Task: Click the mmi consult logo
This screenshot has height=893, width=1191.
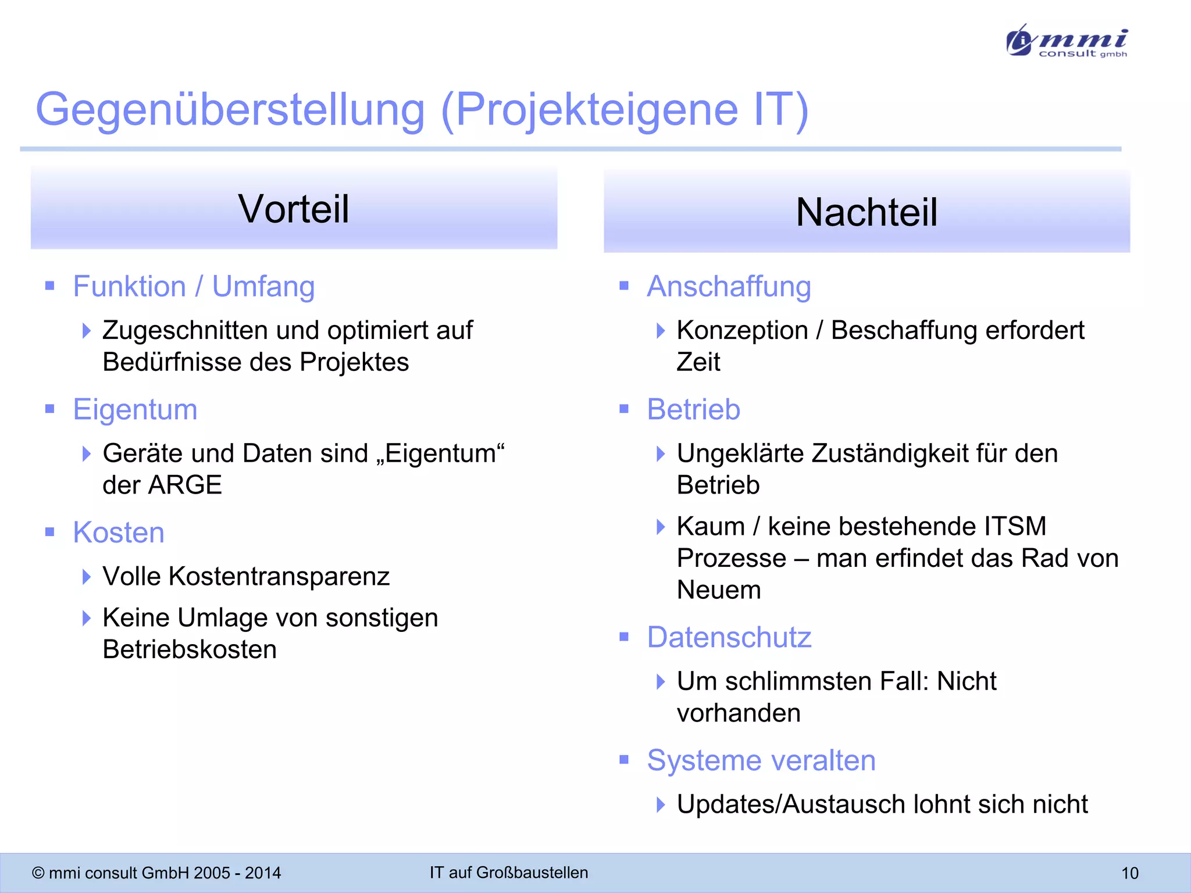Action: (x=1067, y=41)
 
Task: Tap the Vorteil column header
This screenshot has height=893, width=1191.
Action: (x=294, y=209)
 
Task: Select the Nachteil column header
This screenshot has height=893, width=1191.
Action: (x=866, y=212)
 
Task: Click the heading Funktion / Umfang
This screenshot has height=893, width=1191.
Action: (x=194, y=287)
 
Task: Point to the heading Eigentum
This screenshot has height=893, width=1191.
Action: (x=135, y=409)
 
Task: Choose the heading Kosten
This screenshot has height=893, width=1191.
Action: (x=119, y=533)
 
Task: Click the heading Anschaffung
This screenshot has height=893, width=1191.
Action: (x=729, y=287)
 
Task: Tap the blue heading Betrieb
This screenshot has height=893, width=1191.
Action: (x=693, y=409)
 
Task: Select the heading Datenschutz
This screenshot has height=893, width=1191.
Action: (x=729, y=637)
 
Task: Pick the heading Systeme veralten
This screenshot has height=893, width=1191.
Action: (x=761, y=760)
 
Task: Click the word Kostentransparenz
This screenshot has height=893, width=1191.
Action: (x=279, y=577)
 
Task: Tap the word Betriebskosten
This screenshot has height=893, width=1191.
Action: (x=190, y=650)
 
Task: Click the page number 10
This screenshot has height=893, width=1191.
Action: (x=1129, y=873)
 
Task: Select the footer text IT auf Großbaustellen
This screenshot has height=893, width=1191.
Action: (x=509, y=873)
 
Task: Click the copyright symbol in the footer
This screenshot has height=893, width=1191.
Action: (x=38, y=873)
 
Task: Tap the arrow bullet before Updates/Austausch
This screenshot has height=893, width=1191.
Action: (x=660, y=805)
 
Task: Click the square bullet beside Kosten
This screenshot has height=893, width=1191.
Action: (x=50, y=532)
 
